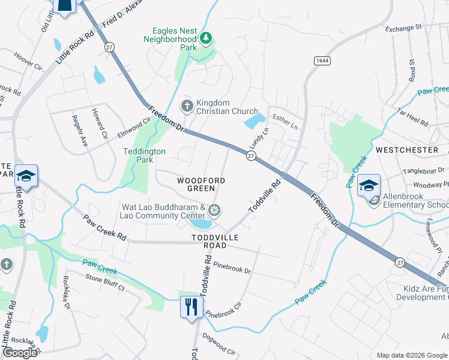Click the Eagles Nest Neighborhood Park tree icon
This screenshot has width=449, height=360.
[x=206, y=38]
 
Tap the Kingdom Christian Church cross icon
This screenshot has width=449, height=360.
[x=187, y=106]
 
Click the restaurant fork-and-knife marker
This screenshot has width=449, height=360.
[x=191, y=307]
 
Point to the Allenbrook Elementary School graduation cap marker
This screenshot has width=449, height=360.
[x=369, y=185]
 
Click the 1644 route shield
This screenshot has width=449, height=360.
[x=321, y=60]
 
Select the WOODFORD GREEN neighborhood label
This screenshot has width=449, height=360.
[x=201, y=184]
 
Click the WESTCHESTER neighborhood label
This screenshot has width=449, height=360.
[x=406, y=149]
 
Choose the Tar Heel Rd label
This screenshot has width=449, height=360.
[x=413, y=117]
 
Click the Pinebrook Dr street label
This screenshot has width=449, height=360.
[x=232, y=267]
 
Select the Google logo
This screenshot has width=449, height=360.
[x=20, y=352]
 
